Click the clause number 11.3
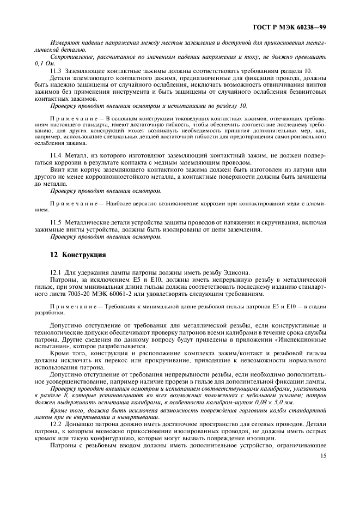(x=56, y=71)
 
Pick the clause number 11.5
(x=56, y=223)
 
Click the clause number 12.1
(x=56, y=272)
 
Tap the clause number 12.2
(x=56, y=423)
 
